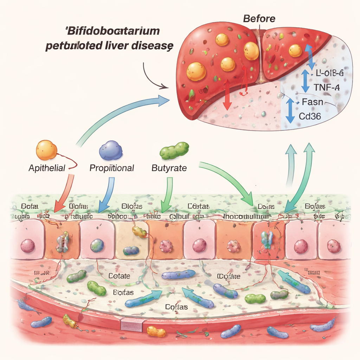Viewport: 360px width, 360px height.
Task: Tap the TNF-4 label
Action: pos(327,88)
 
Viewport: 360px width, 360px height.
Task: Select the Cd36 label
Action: pos(309,116)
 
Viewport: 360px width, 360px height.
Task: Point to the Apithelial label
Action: pos(47,168)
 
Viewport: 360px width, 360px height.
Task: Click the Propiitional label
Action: pos(112,168)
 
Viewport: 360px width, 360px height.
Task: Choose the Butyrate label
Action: pos(169,168)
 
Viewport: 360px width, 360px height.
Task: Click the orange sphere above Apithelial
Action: pos(46,150)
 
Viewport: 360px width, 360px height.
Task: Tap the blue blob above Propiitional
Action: pos(111,150)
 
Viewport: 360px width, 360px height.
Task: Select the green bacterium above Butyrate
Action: pos(174,150)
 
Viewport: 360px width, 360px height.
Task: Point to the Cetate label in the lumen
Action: pos(119,276)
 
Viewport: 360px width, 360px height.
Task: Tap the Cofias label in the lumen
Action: pos(176,307)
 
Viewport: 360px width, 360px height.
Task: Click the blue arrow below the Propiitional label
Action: pos(106,194)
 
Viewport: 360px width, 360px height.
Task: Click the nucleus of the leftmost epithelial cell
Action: pos(27,246)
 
